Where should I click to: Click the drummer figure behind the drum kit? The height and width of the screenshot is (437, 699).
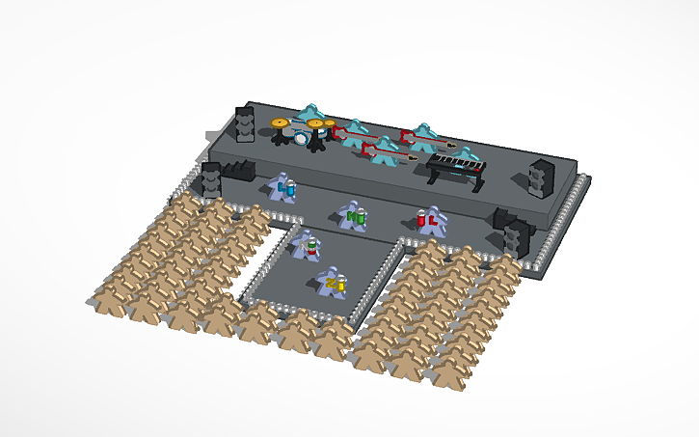pyautogui.click(x=310, y=115)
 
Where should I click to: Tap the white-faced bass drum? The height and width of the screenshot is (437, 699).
pyautogui.click(x=301, y=138)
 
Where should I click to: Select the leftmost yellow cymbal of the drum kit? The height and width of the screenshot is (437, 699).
pyautogui.click(x=280, y=123)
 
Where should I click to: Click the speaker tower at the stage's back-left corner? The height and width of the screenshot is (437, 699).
pyautogui.click(x=246, y=124)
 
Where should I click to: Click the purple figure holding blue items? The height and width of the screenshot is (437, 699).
pyautogui.click(x=282, y=188)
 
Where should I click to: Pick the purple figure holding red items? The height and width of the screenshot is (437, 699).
pyautogui.click(x=428, y=220)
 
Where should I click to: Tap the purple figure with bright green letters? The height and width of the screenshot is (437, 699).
pyautogui.click(x=354, y=217)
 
